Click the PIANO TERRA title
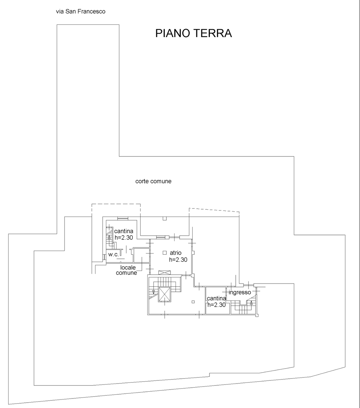[194, 33]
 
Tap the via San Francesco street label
[81, 12]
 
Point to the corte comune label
[153, 181]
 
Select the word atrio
[176, 253]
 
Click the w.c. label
[113, 254]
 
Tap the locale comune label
[127, 270]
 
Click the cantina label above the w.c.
[124, 231]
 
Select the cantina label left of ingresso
[216, 298]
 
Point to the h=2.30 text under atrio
[178, 260]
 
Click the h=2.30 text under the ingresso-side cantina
[217, 305]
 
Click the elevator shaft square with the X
[164, 295]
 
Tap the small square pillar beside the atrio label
[165, 253]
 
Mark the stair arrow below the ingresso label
[251, 303]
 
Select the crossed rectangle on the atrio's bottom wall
[164, 273]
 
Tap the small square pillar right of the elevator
[193, 302]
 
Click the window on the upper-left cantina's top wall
[123, 218]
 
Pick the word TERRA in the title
[213, 33]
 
